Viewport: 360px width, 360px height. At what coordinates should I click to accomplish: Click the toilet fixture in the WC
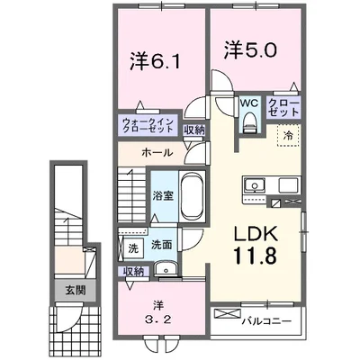[249, 124]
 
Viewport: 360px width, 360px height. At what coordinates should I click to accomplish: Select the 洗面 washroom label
[162, 243]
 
